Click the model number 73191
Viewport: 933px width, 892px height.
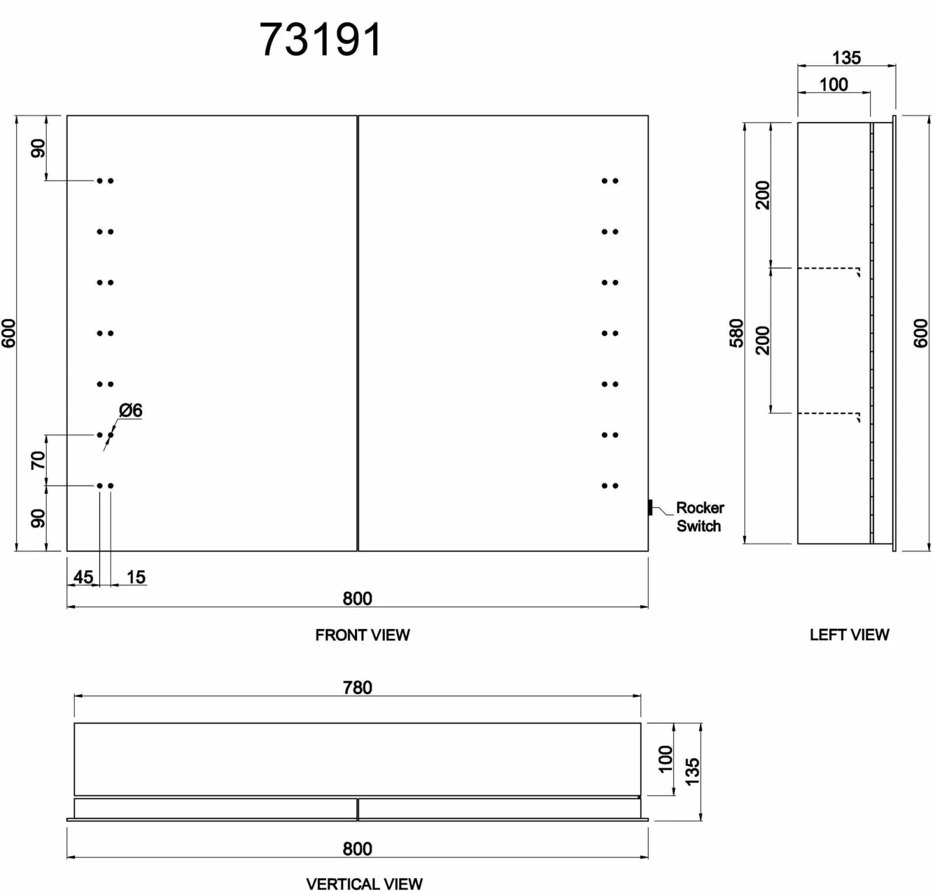[x=320, y=40]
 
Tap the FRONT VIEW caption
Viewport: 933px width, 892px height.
[x=362, y=635]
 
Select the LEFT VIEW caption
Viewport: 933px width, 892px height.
[x=849, y=634]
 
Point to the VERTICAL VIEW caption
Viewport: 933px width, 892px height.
[x=364, y=883]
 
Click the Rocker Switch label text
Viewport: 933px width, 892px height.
[x=699, y=517]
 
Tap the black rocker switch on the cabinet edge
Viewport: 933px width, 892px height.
[x=650, y=508]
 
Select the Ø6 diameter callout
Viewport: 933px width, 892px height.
[x=131, y=411]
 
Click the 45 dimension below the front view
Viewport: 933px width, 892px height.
[x=83, y=577]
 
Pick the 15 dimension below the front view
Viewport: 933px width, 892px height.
[x=136, y=577]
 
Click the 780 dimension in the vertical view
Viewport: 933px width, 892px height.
[x=358, y=687]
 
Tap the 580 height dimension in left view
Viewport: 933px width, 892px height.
[x=736, y=333]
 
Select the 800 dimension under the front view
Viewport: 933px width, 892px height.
[x=358, y=598]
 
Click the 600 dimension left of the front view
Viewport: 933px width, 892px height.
[x=9, y=333]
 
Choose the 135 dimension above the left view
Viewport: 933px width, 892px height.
[x=847, y=58]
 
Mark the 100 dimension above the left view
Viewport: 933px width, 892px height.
[x=833, y=85]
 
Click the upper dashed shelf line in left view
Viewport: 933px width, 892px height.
[x=827, y=268]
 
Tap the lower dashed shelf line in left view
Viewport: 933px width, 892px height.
[x=827, y=413]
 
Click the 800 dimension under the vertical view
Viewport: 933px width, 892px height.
[x=358, y=849]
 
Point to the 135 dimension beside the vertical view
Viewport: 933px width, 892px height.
[x=692, y=771]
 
